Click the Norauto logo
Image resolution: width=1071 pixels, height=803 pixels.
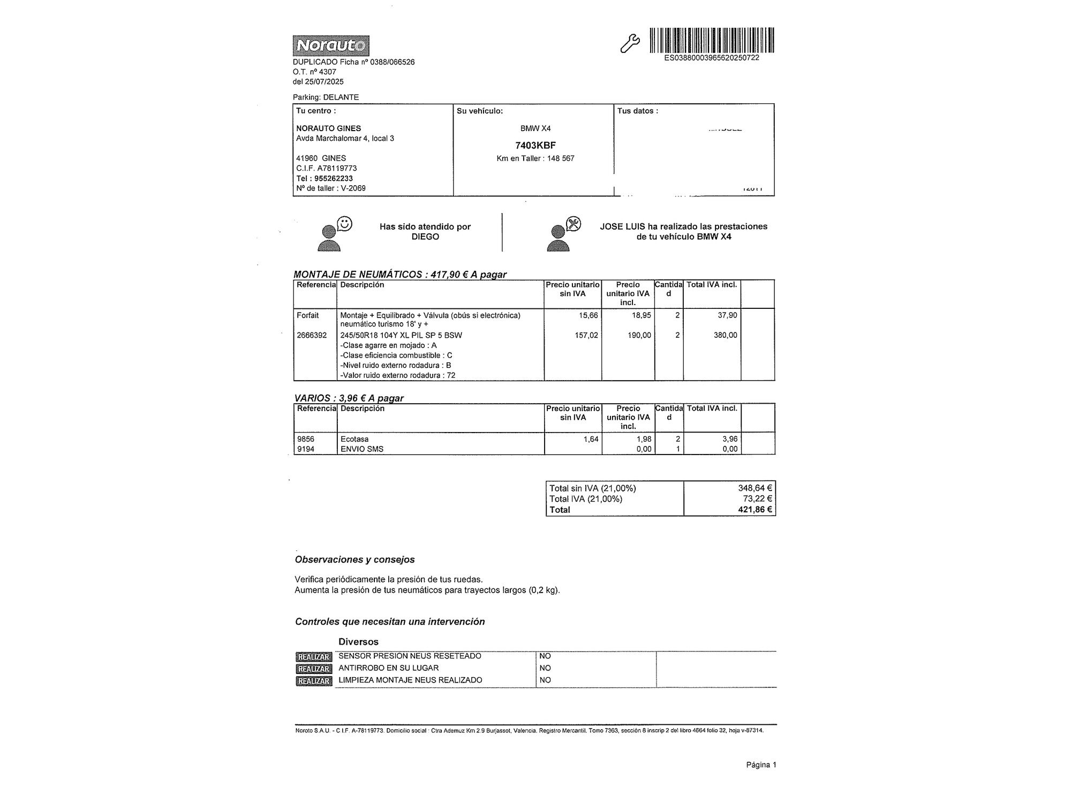(x=330, y=46)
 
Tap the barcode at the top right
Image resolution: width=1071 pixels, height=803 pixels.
(x=712, y=40)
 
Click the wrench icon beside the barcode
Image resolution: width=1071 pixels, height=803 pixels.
(x=629, y=44)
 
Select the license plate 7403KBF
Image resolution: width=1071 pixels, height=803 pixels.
(x=535, y=145)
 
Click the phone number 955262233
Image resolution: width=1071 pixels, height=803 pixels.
(x=333, y=178)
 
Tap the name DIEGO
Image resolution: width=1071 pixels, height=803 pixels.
(x=425, y=237)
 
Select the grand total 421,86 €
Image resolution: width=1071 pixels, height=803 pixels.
(x=755, y=510)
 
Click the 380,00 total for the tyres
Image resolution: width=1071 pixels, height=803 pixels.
(x=725, y=335)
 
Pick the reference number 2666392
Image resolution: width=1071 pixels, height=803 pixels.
(x=312, y=335)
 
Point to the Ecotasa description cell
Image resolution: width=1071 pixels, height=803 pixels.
(x=355, y=439)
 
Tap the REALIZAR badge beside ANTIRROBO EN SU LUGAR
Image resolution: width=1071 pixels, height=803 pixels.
(x=314, y=669)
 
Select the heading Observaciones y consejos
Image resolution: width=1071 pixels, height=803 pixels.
(x=355, y=559)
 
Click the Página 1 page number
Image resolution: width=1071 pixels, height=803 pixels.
(x=761, y=765)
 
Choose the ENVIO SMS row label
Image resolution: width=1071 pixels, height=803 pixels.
(x=362, y=449)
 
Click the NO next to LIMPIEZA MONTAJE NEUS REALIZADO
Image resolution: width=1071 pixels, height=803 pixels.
(x=545, y=680)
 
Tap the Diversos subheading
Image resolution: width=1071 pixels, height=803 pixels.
(x=358, y=641)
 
